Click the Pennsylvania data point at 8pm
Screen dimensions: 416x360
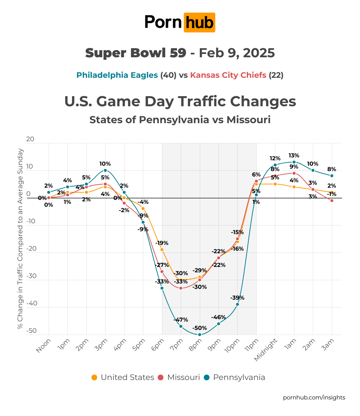tap(200, 335)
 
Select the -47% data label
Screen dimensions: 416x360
tap(181, 319)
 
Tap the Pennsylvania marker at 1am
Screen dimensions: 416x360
tap(294, 162)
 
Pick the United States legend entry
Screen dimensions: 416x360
tap(123, 377)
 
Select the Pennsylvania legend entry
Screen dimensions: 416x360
tap(234, 377)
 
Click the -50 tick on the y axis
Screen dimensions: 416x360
tap(31, 331)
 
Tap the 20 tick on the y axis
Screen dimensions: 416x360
tap(30, 139)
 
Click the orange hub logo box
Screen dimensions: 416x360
tap(199, 22)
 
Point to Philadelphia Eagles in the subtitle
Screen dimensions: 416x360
tap(117, 75)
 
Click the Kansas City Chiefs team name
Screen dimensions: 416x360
tap(228, 75)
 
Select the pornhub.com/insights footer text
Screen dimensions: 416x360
tap(314, 397)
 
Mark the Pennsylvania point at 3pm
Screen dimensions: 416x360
tap(105, 170)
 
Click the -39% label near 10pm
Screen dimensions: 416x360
tap(237, 298)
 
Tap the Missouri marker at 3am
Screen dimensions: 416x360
tap(332, 201)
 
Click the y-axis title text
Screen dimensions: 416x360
tap(21, 238)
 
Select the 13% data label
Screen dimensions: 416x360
tap(294, 156)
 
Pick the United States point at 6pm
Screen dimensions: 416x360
tap(162, 250)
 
